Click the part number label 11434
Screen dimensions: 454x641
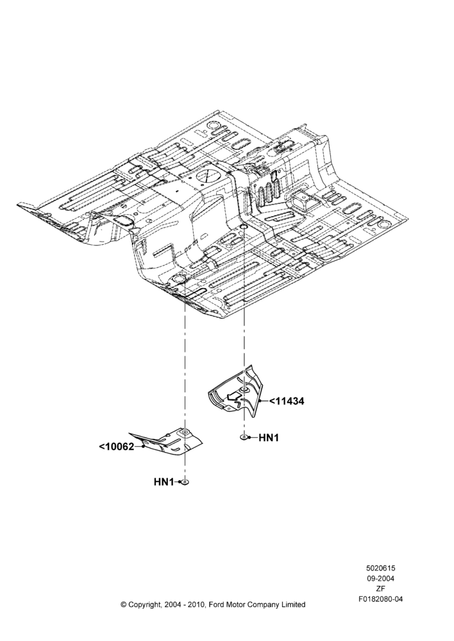(289, 401)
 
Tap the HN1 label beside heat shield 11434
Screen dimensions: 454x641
(269, 438)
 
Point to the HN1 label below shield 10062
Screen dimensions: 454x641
(164, 482)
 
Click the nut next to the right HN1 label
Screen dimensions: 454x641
(244, 438)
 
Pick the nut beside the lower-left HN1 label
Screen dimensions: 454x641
(185, 483)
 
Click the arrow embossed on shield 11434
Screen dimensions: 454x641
(233, 396)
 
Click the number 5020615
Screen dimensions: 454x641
(380, 568)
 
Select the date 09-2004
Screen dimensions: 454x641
(380, 578)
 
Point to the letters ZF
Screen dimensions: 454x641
(380, 588)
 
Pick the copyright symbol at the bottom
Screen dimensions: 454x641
(124, 604)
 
